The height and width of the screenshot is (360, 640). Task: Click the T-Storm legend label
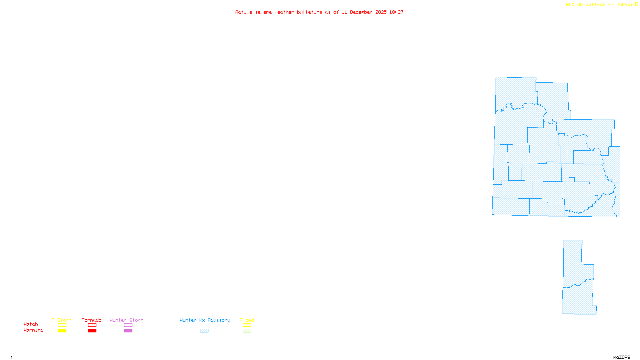(x=62, y=320)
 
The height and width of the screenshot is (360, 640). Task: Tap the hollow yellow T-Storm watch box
(x=62, y=325)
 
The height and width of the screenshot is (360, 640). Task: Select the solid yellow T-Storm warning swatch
(x=62, y=331)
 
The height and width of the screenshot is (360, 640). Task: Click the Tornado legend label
(x=92, y=320)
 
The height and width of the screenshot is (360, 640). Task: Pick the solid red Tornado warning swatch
(x=92, y=331)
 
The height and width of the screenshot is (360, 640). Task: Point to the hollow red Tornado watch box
(x=92, y=325)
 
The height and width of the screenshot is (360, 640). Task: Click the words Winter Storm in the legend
(x=126, y=320)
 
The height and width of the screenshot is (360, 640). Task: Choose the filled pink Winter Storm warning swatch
(x=128, y=331)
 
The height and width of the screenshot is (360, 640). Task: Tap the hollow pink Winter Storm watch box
(x=128, y=325)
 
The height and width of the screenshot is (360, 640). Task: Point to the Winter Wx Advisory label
(x=205, y=320)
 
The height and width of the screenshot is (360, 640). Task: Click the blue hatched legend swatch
(x=204, y=331)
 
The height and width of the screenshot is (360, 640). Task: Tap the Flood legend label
(x=247, y=320)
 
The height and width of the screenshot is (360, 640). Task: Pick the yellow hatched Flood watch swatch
(x=247, y=325)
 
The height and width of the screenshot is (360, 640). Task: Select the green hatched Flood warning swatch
(x=247, y=331)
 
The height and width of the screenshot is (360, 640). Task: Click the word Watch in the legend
(x=31, y=324)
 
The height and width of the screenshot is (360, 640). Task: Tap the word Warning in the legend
(x=34, y=330)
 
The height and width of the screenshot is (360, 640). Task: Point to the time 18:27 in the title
(x=396, y=12)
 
